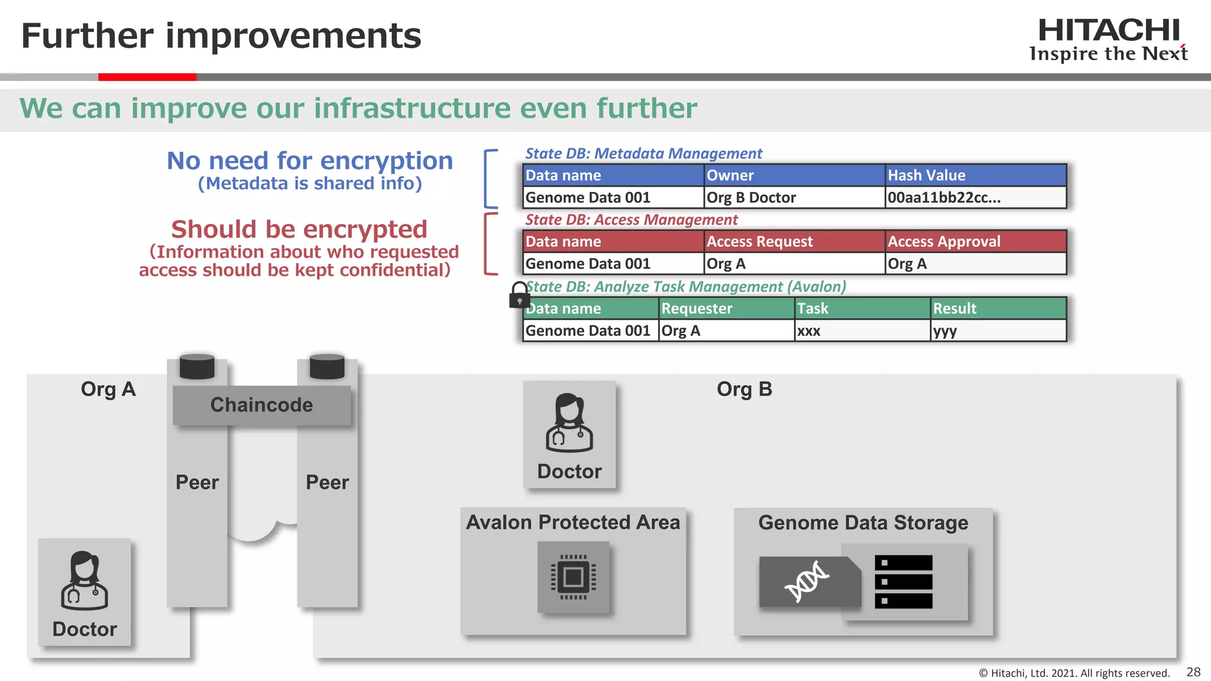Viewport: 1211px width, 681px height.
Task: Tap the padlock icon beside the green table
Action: tap(519, 295)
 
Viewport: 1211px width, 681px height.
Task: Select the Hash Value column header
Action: tap(975, 176)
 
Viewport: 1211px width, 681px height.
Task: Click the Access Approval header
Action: tap(975, 242)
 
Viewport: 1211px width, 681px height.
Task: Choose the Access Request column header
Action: tap(794, 242)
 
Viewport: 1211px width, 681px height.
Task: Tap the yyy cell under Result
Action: tap(998, 330)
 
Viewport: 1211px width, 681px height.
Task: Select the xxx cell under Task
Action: tap(862, 330)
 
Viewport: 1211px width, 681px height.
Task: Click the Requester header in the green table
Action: tap(726, 309)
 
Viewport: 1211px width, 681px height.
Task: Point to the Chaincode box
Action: tap(261, 405)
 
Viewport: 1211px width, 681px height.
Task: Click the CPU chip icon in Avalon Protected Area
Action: tap(573, 577)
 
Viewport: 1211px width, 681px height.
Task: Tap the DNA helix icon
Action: tap(807, 582)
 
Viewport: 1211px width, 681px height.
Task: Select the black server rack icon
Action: tap(903, 582)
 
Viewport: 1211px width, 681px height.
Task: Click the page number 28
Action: tap(1193, 672)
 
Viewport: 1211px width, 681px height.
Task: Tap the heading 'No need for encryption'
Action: tap(309, 161)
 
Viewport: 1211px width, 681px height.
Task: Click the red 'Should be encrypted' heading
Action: tap(299, 229)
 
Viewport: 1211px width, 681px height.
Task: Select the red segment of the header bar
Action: tap(147, 77)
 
